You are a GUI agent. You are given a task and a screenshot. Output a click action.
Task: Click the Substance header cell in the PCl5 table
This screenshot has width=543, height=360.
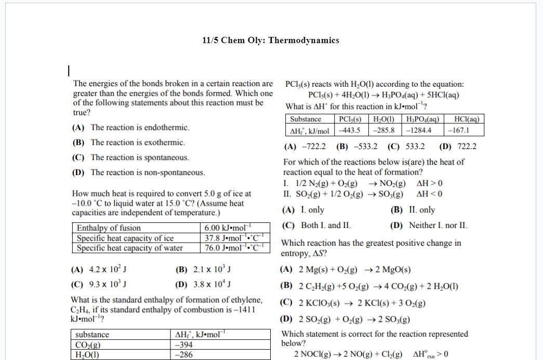tap(306, 119)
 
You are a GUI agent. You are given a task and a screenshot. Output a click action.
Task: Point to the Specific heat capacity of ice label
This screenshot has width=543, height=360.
tap(125, 238)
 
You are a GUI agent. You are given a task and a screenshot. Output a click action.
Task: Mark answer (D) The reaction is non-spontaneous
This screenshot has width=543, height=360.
tap(138, 172)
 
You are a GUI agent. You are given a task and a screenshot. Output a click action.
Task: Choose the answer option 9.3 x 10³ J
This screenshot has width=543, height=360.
tap(100, 285)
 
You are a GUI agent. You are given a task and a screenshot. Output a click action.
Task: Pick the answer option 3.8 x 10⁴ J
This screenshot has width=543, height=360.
tap(203, 285)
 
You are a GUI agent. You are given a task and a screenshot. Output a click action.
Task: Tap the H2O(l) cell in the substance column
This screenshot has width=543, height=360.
tap(88, 355)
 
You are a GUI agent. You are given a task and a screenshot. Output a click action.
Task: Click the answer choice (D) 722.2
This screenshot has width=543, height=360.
tap(457, 147)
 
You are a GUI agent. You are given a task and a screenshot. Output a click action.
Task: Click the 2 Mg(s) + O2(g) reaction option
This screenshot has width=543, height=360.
tap(345, 270)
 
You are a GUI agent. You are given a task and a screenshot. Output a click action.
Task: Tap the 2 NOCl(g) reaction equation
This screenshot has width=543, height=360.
tap(348, 354)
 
